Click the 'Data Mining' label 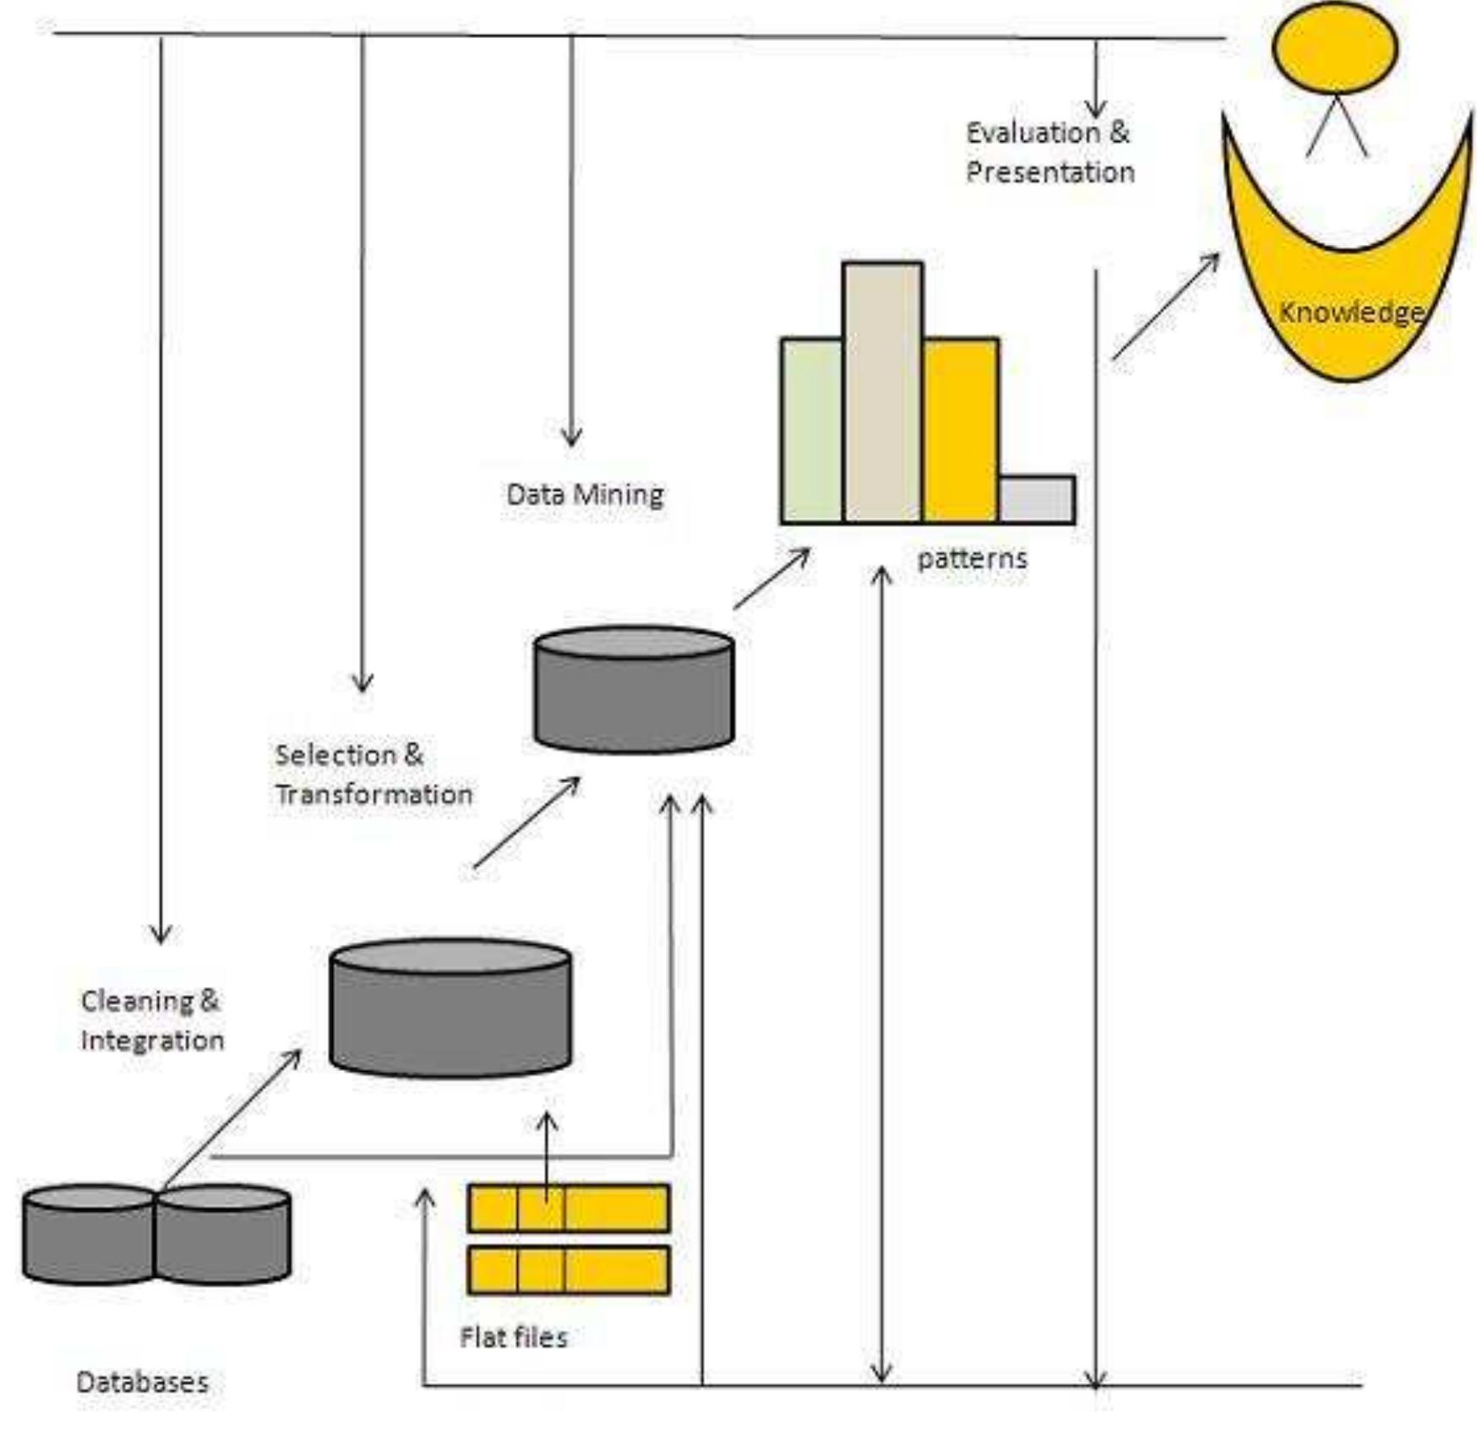pos(585,494)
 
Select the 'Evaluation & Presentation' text pos(1049,152)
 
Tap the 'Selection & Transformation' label pos(373,774)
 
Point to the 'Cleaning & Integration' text pos(152,1019)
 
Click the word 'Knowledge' pos(1350,312)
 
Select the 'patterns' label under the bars pos(973,558)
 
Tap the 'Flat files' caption pos(513,1337)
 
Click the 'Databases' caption pos(142,1382)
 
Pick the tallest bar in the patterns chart pos(882,393)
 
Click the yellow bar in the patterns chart pos(961,431)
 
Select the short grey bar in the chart pos(1037,500)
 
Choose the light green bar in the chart pos(811,431)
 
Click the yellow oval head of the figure pos(1335,48)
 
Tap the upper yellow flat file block pos(569,1208)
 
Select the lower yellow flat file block pos(569,1269)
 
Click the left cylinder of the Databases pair pos(90,1234)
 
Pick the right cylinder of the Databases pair pos(223,1234)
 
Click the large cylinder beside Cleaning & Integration pos(450,1008)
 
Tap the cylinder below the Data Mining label pos(634,689)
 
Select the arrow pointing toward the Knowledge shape pos(1166,306)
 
